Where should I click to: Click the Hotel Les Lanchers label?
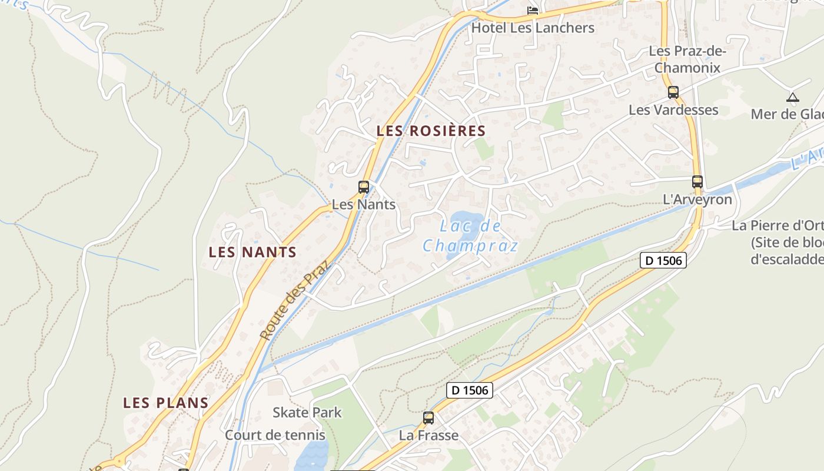(x=533, y=28)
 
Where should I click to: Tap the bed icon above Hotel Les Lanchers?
(x=533, y=10)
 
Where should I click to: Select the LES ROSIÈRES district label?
(x=431, y=131)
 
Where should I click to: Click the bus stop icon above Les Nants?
(x=364, y=187)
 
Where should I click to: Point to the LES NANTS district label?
(x=252, y=252)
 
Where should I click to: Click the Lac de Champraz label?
(x=470, y=235)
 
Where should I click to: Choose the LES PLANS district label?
(x=166, y=403)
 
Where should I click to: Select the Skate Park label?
(x=307, y=412)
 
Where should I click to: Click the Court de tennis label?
(x=275, y=435)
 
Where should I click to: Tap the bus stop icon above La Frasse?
(x=428, y=418)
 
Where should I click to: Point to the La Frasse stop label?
(x=428, y=436)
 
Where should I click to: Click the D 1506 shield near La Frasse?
(x=469, y=390)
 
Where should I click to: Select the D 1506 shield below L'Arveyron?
(x=663, y=260)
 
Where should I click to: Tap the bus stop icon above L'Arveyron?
(x=697, y=182)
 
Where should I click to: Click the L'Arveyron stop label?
(x=697, y=200)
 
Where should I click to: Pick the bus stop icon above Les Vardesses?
(x=673, y=92)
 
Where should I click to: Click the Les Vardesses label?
(x=673, y=110)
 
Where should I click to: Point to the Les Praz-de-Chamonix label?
(x=687, y=59)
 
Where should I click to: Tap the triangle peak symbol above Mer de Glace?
(x=793, y=97)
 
